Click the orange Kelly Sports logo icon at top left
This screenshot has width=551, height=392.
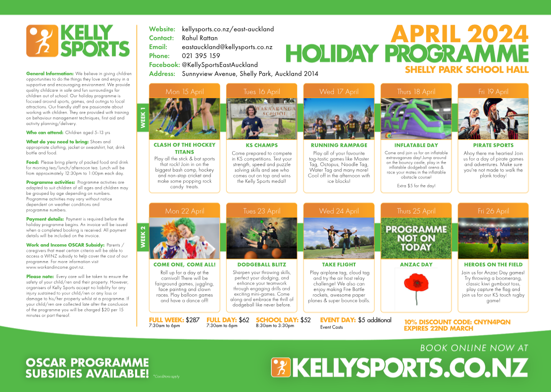[42, 41]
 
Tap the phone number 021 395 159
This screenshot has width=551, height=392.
[201, 56]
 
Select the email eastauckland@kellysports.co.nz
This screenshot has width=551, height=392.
[227, 47]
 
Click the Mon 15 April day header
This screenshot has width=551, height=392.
[185, 92]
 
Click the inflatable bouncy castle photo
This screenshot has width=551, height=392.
[416, 119]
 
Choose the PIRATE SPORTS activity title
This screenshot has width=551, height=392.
[493, 145]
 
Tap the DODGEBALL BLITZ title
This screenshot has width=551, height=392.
[261, 265]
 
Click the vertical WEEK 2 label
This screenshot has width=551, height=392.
[143, 237]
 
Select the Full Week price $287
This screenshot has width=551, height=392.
[193, 320]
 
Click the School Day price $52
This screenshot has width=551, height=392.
[305, 320]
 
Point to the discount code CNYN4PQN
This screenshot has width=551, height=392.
[492, 322]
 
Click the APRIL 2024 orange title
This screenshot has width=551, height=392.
[459, 34]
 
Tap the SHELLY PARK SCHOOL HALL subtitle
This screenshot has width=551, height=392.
[467, 69]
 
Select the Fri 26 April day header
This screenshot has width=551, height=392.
[493, 211]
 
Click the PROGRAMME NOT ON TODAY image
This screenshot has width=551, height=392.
[416, 238]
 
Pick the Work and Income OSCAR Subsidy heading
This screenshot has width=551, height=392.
[65, 245]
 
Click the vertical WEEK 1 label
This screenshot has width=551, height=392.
[143, 117]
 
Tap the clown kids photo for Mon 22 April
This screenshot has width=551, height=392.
[185, 238]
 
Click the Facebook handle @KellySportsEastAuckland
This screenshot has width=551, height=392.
[220, 65]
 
